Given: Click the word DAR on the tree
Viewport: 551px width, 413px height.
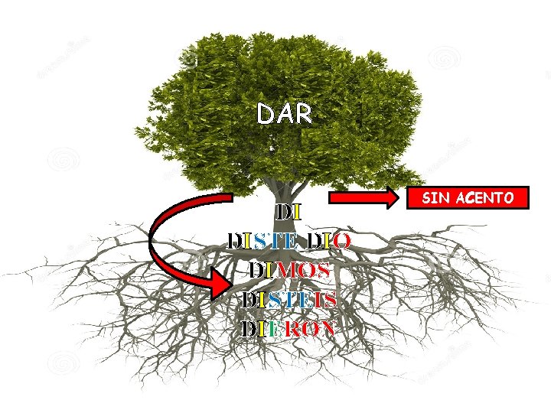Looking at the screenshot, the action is point(285,115).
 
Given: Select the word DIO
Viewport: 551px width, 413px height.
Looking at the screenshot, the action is point(328,242).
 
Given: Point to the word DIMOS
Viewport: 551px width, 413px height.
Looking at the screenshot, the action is point(289,271).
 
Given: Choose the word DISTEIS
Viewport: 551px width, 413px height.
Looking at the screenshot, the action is point(289,300).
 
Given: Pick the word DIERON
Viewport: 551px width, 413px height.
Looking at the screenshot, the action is point(289,330).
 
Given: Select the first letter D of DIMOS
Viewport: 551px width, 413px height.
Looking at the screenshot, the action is point(256,271).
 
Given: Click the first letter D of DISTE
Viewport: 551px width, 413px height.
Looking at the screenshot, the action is point(235,242).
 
